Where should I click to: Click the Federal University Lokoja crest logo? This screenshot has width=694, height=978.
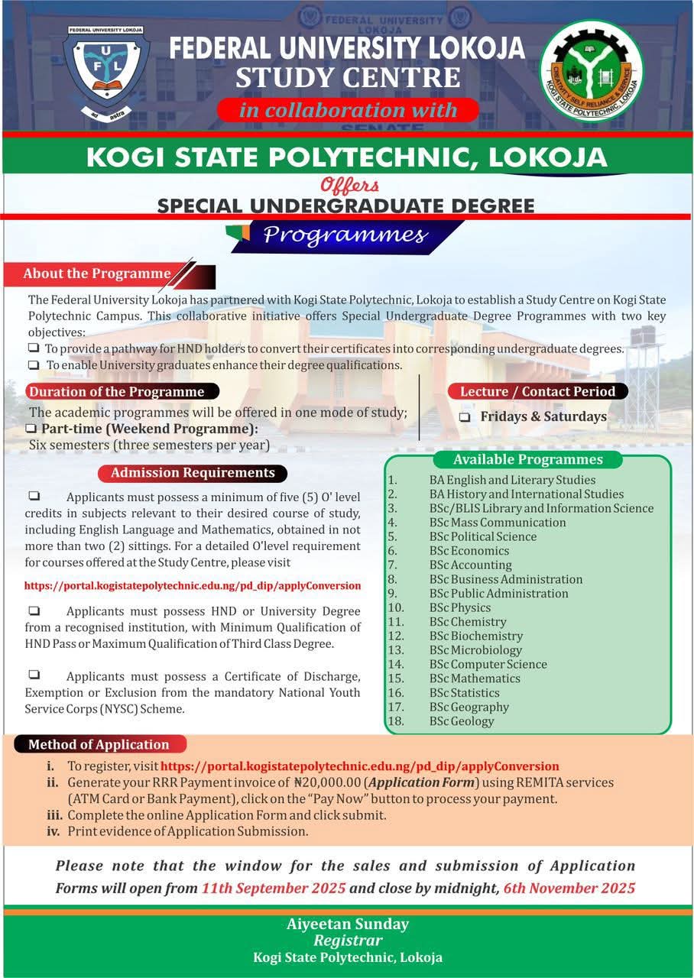105,72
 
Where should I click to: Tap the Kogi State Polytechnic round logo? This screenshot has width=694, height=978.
591,70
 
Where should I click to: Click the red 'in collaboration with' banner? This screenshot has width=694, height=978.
348,110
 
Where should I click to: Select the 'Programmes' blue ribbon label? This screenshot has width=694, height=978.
345,235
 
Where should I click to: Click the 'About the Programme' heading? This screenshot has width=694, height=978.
97,274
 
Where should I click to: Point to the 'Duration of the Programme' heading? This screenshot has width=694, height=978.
117,392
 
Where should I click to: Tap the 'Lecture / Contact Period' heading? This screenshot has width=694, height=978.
537,391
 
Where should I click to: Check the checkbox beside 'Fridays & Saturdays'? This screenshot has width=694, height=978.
465,417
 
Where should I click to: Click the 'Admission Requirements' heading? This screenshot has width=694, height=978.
193,473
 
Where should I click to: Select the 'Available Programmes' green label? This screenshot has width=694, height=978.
527,459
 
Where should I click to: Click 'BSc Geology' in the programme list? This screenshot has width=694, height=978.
462,721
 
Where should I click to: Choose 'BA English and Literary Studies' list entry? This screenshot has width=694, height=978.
512,480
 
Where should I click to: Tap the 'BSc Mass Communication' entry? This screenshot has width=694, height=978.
498,523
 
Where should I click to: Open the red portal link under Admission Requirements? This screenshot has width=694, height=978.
193,586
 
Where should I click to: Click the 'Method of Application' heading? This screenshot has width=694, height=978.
99,744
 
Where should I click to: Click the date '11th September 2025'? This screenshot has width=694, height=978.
274,889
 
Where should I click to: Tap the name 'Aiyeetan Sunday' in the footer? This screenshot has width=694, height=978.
348,924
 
